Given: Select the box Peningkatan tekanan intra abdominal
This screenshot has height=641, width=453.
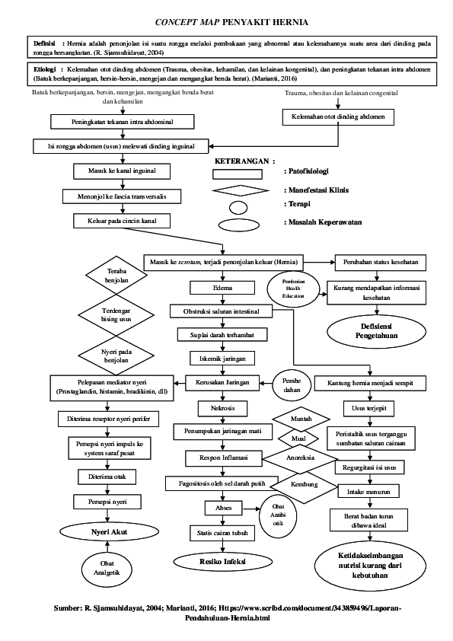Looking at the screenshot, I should tap(112, 121).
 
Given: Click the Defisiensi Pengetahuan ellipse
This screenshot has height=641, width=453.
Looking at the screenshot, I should tap(375, 330).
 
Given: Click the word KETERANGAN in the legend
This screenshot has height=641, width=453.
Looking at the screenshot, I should tap(244, 161).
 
